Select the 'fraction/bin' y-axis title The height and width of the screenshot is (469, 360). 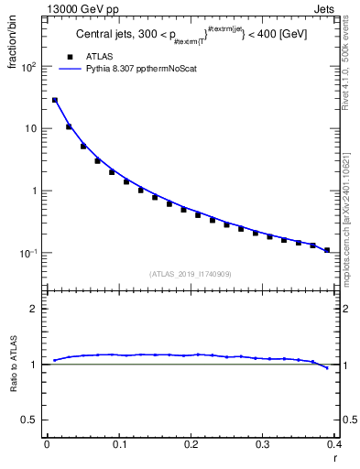click(13, 43)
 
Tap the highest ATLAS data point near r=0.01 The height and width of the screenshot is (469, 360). click(55, 100)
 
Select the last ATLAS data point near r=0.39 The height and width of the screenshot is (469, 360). click(327, 250)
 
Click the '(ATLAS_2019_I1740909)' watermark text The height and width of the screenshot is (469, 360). click(191, 273)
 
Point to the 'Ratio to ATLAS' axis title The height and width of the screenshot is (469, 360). click(13, 365)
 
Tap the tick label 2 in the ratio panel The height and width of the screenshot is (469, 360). click(34, 309)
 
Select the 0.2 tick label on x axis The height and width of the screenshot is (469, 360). click(191, 444)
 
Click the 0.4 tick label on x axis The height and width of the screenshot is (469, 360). click(333, 444)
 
